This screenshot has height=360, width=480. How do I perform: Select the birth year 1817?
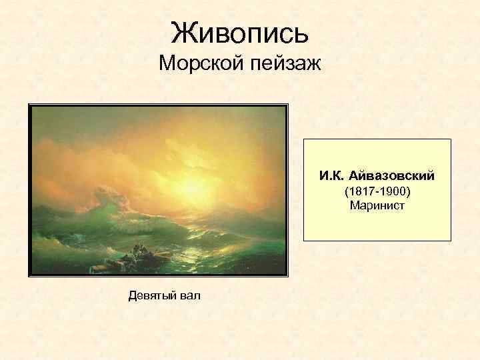point(359,192)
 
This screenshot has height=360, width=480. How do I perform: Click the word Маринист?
point(377,206)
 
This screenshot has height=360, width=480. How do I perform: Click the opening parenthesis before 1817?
point(345,192)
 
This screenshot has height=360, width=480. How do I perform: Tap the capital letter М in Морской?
point(166,65)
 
